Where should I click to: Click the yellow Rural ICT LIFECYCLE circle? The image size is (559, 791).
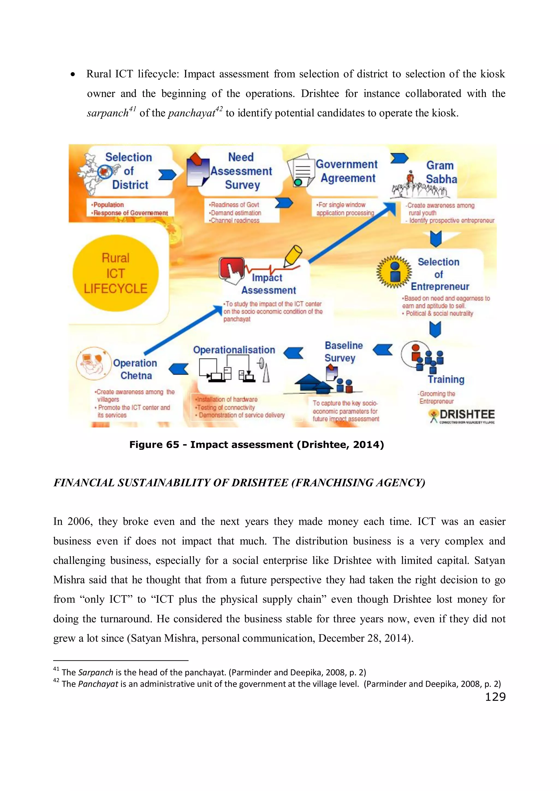click(115, 273)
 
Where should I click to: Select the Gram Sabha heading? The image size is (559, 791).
click(441, 172)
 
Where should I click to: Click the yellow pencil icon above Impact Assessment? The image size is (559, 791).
click(293, 256)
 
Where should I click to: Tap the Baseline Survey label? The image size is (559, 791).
click(343, 351)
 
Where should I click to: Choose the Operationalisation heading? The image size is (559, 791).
click(234, 350)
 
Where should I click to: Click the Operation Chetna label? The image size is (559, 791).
click(135, 369)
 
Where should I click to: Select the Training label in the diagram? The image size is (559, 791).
click(446, 379)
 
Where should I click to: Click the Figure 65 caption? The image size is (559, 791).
click(257, 445)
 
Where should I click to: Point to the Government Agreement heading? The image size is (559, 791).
click(347, 171)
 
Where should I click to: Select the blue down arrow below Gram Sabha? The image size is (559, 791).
click(436, 238)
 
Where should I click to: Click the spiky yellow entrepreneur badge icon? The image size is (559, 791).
click(394, 272)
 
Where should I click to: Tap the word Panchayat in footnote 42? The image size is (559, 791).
click(98, 684)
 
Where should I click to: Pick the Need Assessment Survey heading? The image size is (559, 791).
click(242, 171)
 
